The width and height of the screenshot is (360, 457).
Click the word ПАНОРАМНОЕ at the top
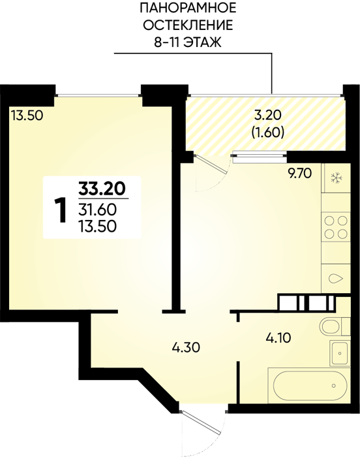coord(188,8)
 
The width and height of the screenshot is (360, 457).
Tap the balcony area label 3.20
coord(267,116)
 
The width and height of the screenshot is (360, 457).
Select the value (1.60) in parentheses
coord(267,133)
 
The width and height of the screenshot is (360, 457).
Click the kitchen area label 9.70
coord(299,174)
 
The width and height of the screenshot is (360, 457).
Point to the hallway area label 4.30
coord(187,347)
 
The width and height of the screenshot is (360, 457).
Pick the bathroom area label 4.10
coord(278,338)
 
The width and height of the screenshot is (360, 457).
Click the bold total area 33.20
coord(102,189)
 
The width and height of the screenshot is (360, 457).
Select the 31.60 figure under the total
coord(97,210)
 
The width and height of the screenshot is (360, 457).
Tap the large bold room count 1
coord(61,210)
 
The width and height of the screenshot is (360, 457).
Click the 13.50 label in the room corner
coord(27,116)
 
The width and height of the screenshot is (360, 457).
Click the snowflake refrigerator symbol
coord(337,178)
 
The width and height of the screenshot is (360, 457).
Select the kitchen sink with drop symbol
coord(336,278)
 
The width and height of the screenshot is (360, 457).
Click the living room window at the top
coord(98,95)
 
